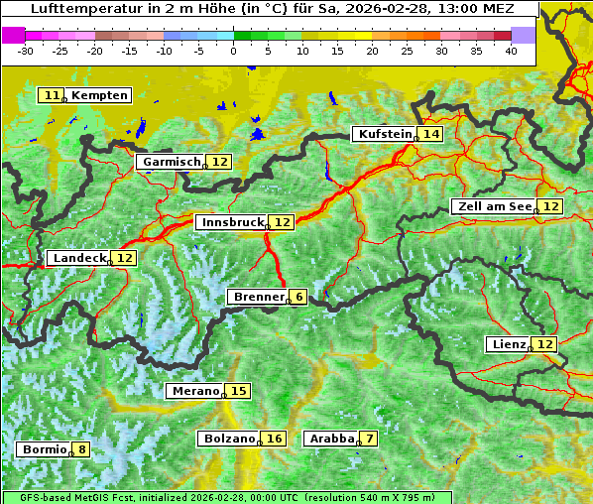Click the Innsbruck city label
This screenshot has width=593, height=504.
(x=231, y=222)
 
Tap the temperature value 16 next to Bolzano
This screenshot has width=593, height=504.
(x=274, y=439)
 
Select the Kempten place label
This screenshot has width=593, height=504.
(x=99, y=95)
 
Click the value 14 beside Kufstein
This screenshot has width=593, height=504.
(x=430, y=134)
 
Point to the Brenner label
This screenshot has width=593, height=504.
(x=257, y=297)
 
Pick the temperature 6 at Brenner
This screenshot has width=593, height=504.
(x=298, y=297)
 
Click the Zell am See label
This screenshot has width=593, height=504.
(x=493, y=206)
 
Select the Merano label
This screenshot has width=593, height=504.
(x=194, y=391)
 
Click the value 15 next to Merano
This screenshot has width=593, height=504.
(x=238, y=391)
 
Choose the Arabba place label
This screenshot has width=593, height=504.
(x=331, y=439)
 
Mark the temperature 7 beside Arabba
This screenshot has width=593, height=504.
(x=369, y=439)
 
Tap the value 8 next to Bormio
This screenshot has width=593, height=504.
(x=81, y=449)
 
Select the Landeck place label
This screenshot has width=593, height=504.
(x=79, y=258)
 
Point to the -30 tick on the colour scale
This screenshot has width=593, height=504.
(x=26, y=50)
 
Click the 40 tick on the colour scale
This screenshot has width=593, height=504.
(x=511, y=50)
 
